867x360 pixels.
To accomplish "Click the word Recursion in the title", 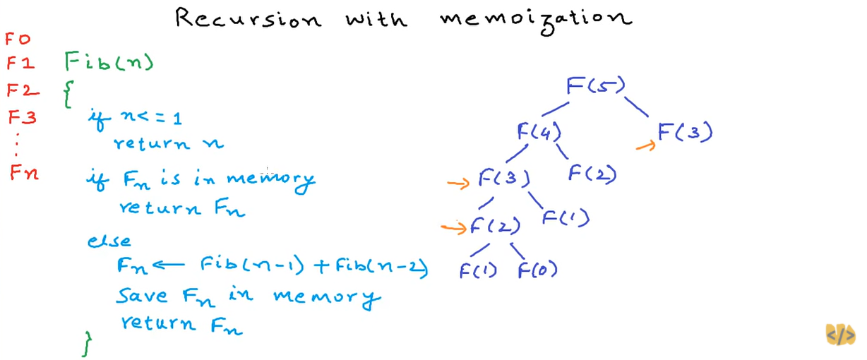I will tap(246, 18).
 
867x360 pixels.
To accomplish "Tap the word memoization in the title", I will tap(535, 18).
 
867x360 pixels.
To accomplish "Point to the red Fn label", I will tap(24, 172).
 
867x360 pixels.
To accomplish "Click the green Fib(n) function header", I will tap(109, 63).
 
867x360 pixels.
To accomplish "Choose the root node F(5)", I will tap(595, 87).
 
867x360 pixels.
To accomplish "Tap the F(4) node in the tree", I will tap(538, 131).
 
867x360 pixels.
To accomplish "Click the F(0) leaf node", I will tap(537, 270).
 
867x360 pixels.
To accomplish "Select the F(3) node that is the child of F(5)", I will tap(685, 132).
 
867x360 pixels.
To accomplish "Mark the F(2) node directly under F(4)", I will tap(592, 173).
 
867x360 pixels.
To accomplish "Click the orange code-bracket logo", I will tap(840, 335).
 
